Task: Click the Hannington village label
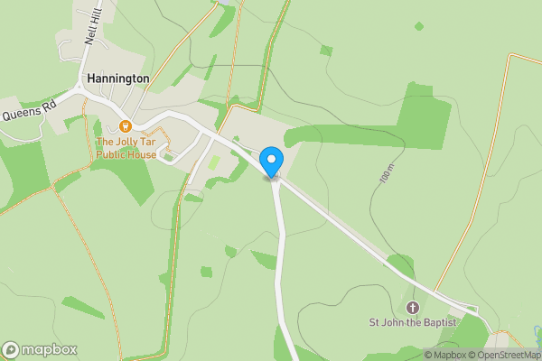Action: [x=117, y=79]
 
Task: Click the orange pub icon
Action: [x=125, y=126]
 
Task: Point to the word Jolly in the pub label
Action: [x=134, y=142]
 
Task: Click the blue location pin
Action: [x=270, y=162]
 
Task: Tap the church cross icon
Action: [x=415, y=308]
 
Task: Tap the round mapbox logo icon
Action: [x=12, y=350]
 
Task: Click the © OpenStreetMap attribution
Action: [x=501, y=355]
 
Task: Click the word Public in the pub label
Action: [x=112, y=154]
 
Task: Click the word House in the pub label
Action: [x=143, y=154]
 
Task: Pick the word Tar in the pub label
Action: [x=160, y=142]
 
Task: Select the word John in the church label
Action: [x=394, y=322]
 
